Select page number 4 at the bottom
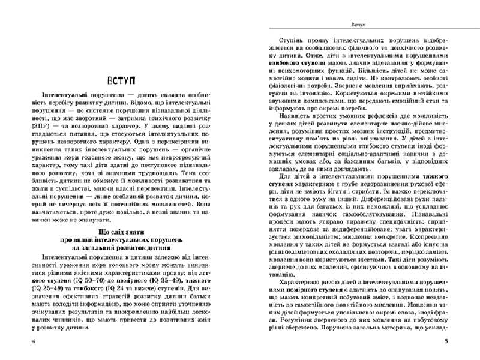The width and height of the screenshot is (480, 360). click(x=22, y=341)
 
